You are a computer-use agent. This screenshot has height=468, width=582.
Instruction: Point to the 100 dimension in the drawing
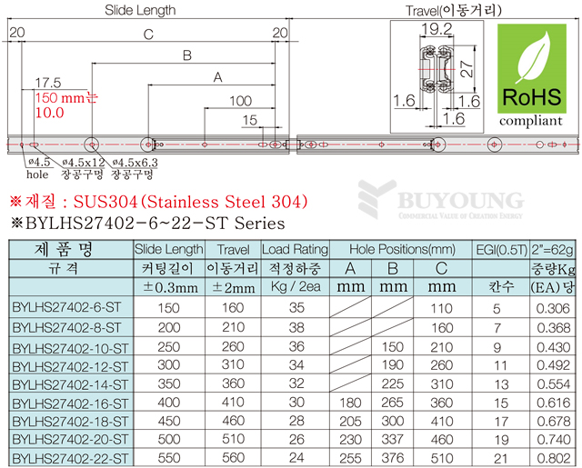tap(241, 100)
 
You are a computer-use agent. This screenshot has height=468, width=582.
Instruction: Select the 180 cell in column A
tap(347, 401)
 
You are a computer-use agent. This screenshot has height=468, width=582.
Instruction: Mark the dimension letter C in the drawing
tap(147, 35)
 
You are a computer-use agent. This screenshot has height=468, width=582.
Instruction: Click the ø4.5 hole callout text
tap(39, 161)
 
